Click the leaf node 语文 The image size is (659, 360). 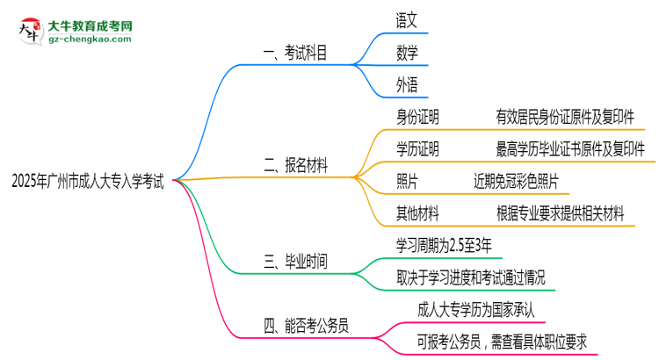click(407, 18)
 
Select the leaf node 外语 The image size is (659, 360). click(407, 84)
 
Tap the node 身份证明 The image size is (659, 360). click(417, 117)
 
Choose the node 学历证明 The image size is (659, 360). click(417, 148)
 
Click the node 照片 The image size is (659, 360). click(407, 181)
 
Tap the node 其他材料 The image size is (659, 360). click(417, 212)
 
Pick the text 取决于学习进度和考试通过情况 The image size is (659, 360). click(470, 277)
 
